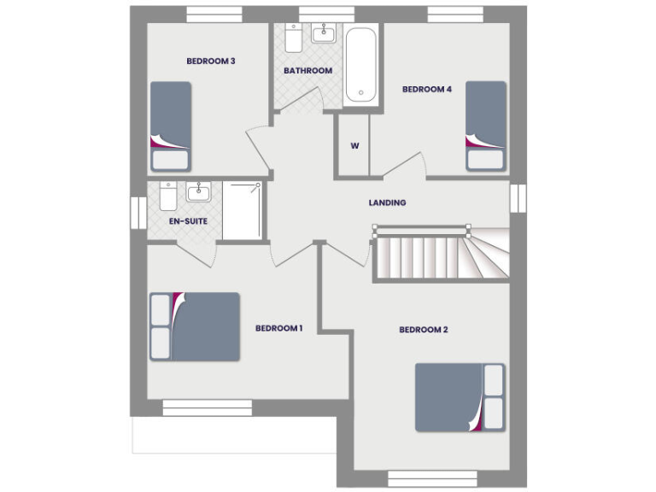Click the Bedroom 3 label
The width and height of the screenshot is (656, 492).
[211, 61]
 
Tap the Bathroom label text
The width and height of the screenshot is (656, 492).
[307, 71]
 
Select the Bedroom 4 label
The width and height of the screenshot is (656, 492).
[426, 90]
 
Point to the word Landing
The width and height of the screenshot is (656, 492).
[387, 203]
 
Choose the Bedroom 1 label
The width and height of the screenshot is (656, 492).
[279, 329]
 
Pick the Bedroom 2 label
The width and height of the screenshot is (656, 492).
[423, 330]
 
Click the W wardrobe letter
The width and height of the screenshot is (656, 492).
[354, 145]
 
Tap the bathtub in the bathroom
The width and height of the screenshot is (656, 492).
[361, 66]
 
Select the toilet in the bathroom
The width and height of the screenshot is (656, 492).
[293, 39]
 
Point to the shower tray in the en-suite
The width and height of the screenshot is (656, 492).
[243, 210]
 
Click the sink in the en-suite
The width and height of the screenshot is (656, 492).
[198, 191]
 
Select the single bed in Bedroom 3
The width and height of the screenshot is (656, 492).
[170, 127]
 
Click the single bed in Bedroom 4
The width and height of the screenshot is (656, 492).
[486, 126]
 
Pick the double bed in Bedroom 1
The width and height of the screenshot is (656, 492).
[195, 326]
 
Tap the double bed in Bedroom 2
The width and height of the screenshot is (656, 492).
[460, 397]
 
